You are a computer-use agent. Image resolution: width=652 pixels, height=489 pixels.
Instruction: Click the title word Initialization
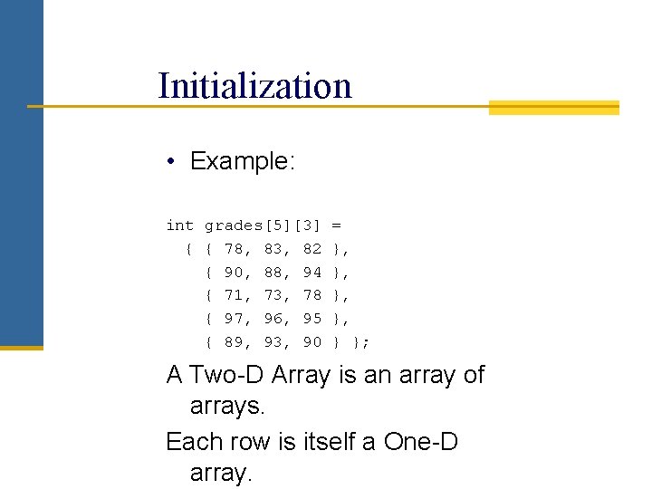pos(254,87)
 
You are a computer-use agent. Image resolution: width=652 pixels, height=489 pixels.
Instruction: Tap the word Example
pos(241,162)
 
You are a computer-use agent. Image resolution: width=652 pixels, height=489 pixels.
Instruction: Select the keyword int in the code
pos(179,225)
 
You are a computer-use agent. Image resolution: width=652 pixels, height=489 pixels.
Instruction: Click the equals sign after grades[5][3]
pos(337,225)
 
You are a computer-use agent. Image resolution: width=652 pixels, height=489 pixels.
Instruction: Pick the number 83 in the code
pos(273,248)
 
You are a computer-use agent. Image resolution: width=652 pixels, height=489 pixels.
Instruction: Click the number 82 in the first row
pos(312,248)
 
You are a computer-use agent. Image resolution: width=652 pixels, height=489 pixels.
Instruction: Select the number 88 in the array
pos(273,272)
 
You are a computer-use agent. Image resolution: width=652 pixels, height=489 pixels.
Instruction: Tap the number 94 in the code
pos(312,272)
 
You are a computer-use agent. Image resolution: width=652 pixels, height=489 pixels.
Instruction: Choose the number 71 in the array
pos(234,295)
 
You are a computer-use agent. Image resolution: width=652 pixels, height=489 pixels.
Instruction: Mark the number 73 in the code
pos(273,295)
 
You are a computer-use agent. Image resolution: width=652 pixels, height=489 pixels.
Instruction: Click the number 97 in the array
pos(234,319)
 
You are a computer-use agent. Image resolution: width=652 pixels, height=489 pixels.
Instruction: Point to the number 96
pos(273,319)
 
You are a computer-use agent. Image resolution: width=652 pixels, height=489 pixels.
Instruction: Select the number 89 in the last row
pos(234,342)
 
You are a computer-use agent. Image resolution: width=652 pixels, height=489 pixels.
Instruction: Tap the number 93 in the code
pos(273,342)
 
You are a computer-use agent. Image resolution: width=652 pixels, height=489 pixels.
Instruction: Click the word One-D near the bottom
pos(421,442)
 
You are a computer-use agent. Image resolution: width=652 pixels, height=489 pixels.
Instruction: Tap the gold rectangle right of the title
pos(553,108)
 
